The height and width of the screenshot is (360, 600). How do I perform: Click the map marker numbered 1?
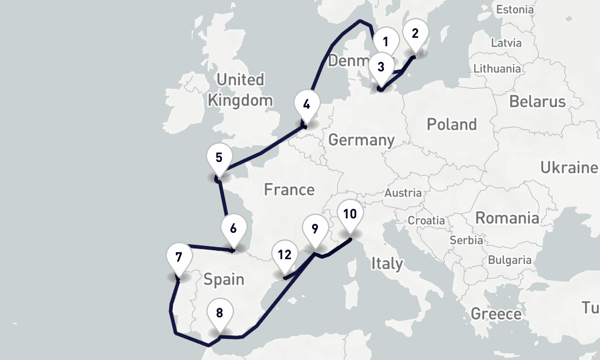pyautogui.click(x=386, y=42)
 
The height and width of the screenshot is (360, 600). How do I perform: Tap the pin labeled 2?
pyautogui.click(x=415, y=34)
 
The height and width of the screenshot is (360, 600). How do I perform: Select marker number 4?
pyautogui.click(x=381, y=67)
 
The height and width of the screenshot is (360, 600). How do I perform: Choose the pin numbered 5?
pyautogui.click(x=307, y=104)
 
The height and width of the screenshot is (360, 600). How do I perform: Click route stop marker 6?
pyautogui.click(x=218, y=157)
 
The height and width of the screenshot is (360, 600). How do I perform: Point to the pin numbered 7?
pyautogui.click(x=233, y=229)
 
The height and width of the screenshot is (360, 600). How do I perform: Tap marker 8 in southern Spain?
pyautogui.click(x=179, y=257)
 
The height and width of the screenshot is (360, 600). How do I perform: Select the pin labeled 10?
pyautogui.click(x=220, y=313)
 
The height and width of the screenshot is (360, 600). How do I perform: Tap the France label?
pyautogui.click(x=289, y=190)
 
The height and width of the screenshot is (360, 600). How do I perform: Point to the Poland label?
pyautogui.click(x=451, y=125)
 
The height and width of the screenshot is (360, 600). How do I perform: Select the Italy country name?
pyautogui.click(x=387, y=263)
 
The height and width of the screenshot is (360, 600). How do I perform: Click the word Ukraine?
pyautogui.click(x=569, y=167)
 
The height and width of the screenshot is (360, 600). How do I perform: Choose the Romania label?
pyautogui.click(x=506, y=217)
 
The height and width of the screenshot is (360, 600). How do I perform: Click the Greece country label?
pyautogui.click(x=496, y=314)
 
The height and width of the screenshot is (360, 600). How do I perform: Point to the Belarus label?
pyautogui.click(x=537, y=101)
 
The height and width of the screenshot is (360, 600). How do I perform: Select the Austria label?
pyautogui.click(x=403, y=193)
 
